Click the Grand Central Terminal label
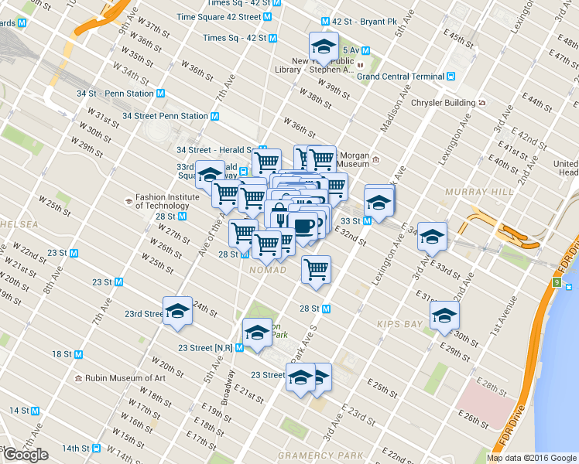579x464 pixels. pyautogui.click(x=399, y=77)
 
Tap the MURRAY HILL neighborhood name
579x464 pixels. pyautogui.click(x=472, y=191)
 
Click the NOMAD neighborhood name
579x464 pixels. pyautogui.click(x=268, y=270)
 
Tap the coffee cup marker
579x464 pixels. pyautogui.click(x=304, y=225)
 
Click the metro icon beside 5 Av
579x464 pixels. pyautogui.click(x=365, y=51)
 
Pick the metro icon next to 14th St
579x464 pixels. pyautogui.click(x=96, y=449)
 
